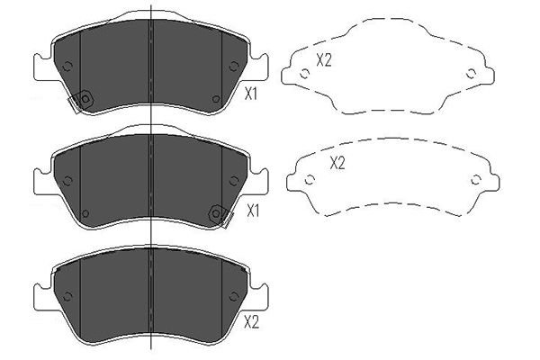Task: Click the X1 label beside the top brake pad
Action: click(251, 94)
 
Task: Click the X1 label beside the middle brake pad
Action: click(253, 211)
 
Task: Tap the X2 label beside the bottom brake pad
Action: click(251, 323)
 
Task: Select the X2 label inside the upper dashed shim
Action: click(324, 60)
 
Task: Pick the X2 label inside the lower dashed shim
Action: click(337, 163)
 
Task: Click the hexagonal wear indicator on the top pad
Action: click(86, 99)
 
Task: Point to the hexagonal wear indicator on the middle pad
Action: click(216, 213)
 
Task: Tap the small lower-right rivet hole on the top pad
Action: click(216, 99)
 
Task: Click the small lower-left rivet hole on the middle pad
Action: click(85, 213)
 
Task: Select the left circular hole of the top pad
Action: click(67, 66)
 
